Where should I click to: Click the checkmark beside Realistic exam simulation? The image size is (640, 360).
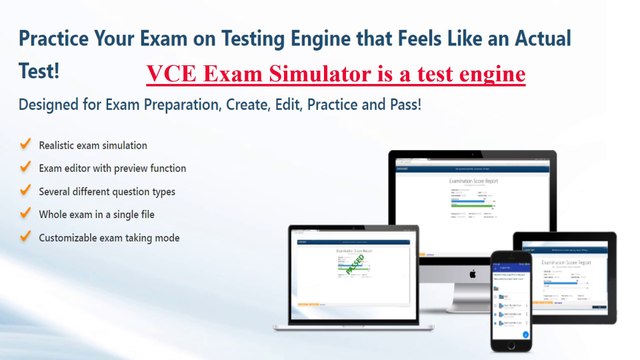pyautogui.click(x=24, y=145)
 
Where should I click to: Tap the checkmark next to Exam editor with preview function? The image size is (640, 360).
pyautogui.click(x=24, y=168)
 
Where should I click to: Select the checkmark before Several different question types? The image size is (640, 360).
pyautogui.click(x=24, y=191)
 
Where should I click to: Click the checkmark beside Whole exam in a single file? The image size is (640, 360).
pyautogui.click(x=24, y=214)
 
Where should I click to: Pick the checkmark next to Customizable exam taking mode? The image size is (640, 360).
pyautogui.click(x=24, y=238)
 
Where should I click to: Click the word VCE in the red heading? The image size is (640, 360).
pyautogui.click(x=169, y=75)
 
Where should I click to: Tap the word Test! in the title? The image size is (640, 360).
pyautogui.click(x=39, y=72)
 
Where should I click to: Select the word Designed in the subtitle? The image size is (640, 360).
pyautogui.click(x=51, y=105)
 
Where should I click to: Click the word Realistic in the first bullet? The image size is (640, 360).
pyautogui.click(x=60, y=145)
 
